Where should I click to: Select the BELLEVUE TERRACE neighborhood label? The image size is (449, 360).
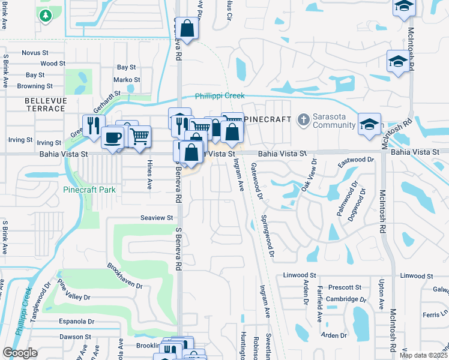[x=45, y=104]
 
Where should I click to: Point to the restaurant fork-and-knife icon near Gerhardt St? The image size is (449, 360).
[x=93, y=125]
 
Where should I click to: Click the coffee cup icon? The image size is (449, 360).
[x=112, y=137]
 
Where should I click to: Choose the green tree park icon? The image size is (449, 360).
[x=44, y=15]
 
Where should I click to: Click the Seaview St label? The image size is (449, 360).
[x=157, y=218]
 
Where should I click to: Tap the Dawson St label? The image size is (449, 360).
[x=75, y=337]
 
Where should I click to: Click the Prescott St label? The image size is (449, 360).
[x=345, y=287]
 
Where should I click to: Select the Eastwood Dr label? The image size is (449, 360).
[x=356, y=160]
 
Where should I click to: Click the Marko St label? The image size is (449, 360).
[x=127, y=79]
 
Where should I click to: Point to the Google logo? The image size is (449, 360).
[x=20, y=353]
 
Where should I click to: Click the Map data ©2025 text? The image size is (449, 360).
[x=423, y=355]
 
